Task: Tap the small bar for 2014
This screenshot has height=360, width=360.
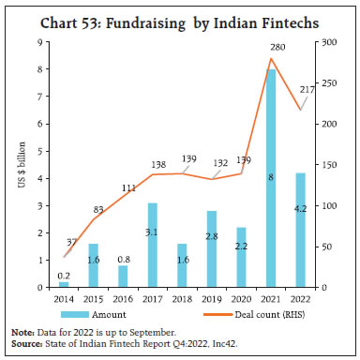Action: (x=63, y=283)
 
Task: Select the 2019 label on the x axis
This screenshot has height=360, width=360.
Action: (x=212, y=298)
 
